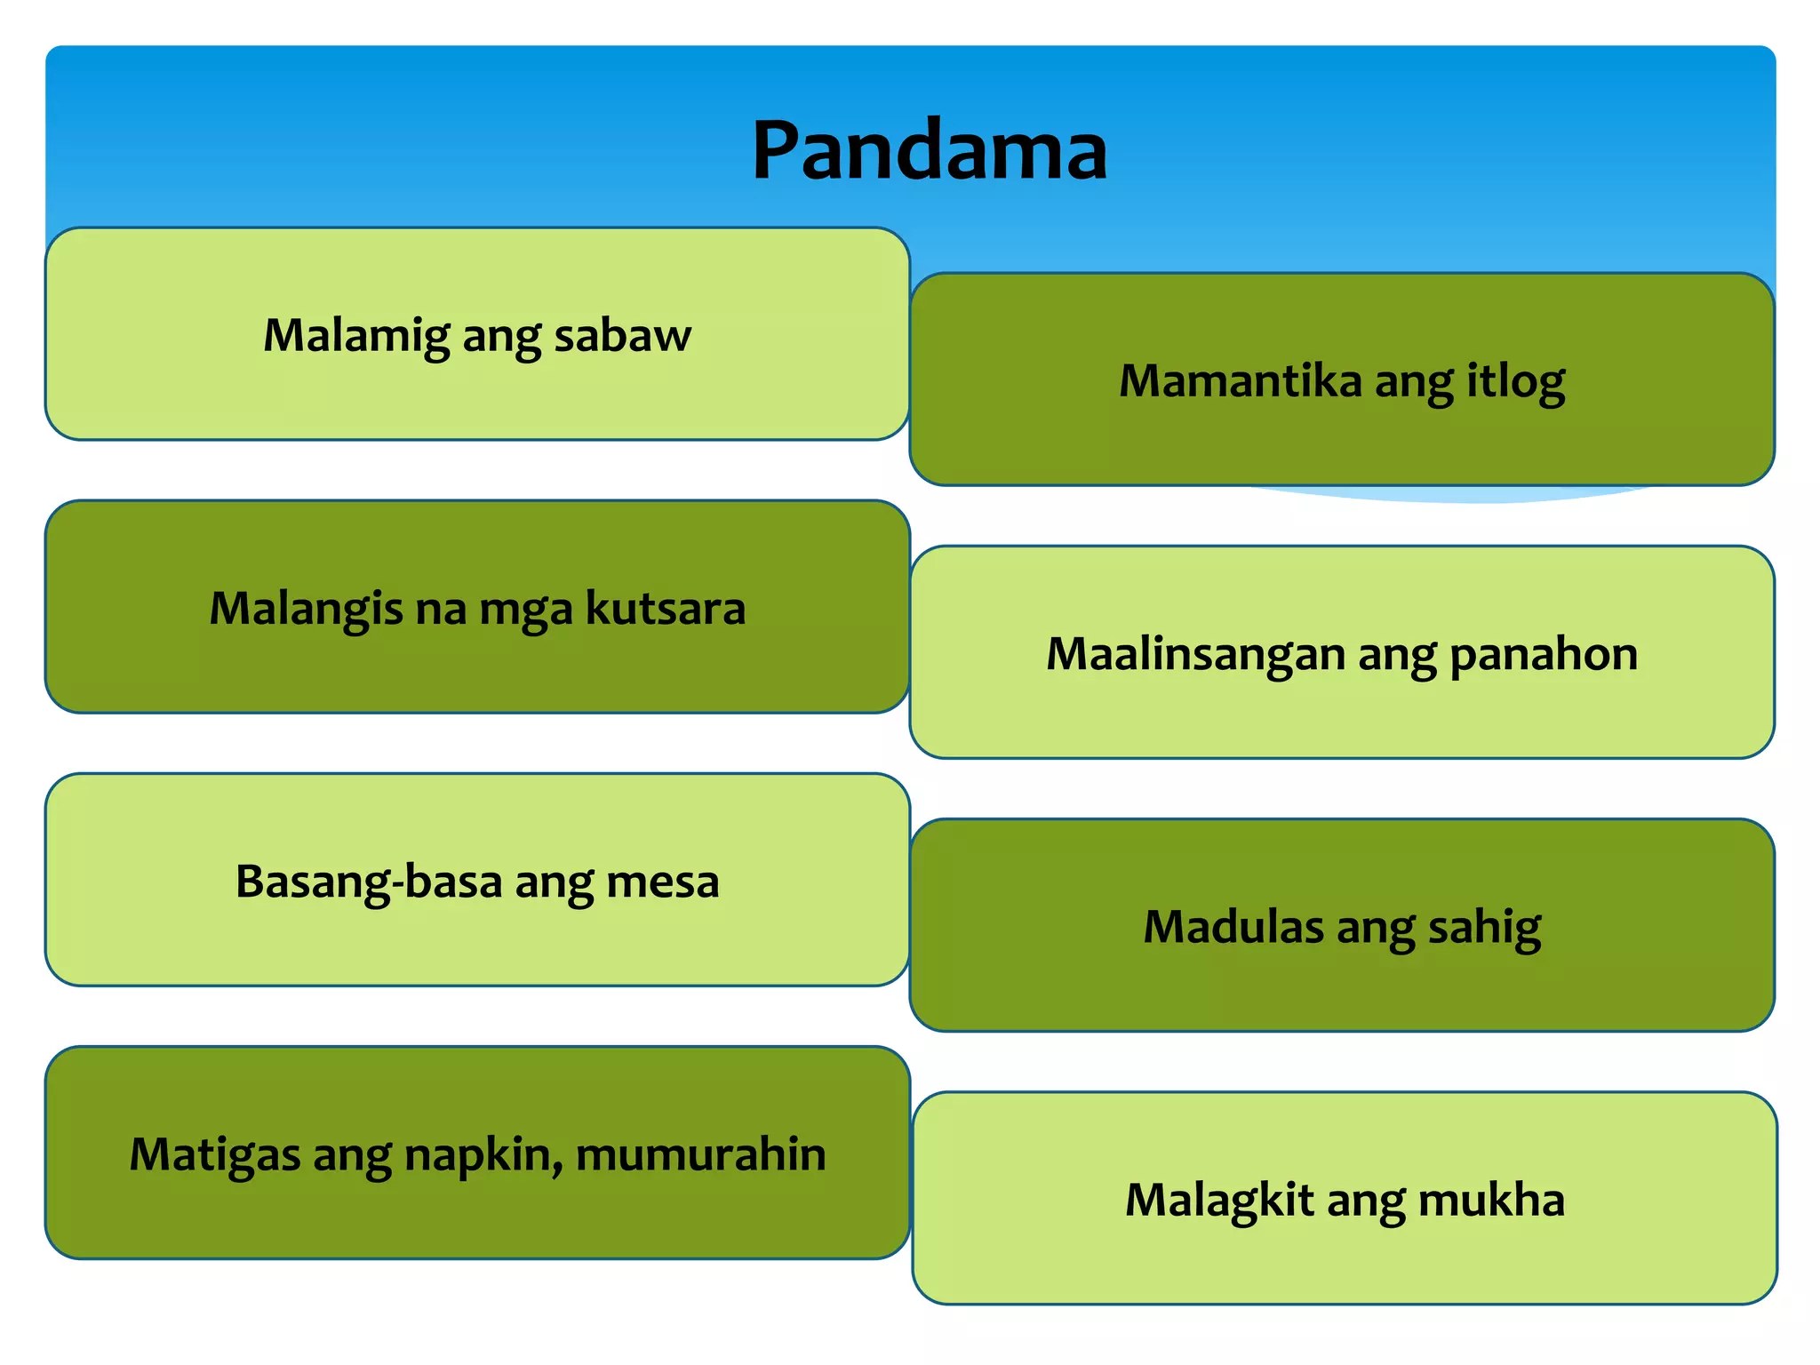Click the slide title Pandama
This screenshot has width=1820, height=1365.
pyautogui.click(x=930, y=150)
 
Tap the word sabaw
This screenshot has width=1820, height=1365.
pyautogui.click(x=622, y=336)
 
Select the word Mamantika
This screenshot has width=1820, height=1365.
pyautogui.click(x=1241, y=381)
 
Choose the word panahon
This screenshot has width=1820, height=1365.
pyautogui.click(x=1544, y=655)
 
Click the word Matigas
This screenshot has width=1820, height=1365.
pyautogui.click(x=214, y=1155)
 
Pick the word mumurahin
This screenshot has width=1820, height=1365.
pyautogui.click(x=701, y=1155)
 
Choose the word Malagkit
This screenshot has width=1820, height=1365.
pyautogui.click(x=1219, y=1200)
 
